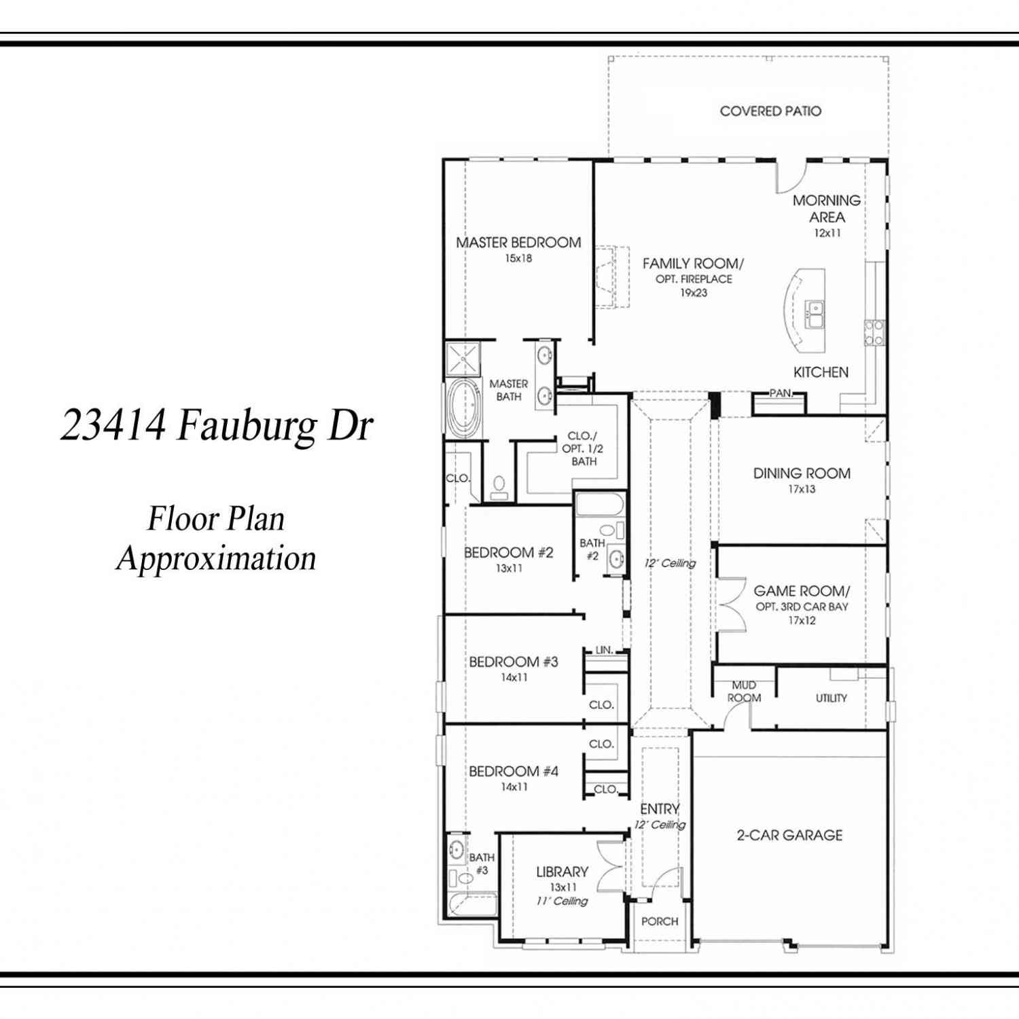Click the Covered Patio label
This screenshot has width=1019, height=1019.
[770, 111]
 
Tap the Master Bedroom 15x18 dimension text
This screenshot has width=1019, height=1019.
[518, 258]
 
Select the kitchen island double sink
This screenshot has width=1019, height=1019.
[815, 315]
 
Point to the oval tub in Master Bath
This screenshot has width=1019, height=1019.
[463, 407]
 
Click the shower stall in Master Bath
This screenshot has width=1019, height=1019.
[463, 359]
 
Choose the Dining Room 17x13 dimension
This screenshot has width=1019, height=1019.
[802, 489]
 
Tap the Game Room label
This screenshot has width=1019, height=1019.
[802, 591]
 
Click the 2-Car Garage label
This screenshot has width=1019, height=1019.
[789, 835]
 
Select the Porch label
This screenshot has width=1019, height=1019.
[660, 921]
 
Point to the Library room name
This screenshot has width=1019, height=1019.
[562, 872]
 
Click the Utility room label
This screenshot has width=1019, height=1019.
[832, 698]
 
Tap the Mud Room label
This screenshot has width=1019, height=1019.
[744, 692]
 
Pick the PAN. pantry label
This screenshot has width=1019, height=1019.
[781, 393]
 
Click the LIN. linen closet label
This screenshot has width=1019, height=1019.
[604, 650]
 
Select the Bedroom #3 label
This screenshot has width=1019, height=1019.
[514, 662]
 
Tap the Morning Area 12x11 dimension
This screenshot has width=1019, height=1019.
[827, 233]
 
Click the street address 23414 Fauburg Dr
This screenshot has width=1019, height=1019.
[217, 425]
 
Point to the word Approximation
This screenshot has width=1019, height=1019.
[216, 559]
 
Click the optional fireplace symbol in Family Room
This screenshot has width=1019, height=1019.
[612, 277]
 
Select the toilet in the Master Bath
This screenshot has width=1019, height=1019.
[499, 488]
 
